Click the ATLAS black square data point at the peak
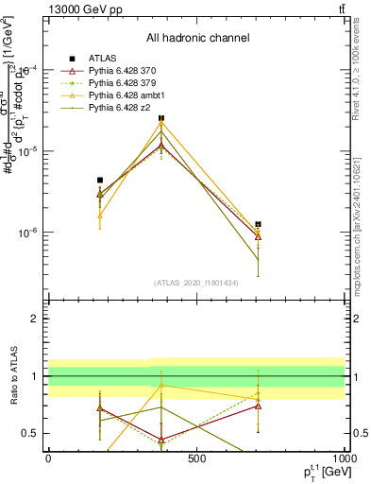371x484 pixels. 161,119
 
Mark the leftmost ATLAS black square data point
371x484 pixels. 100,180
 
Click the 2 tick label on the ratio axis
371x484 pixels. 36,319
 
